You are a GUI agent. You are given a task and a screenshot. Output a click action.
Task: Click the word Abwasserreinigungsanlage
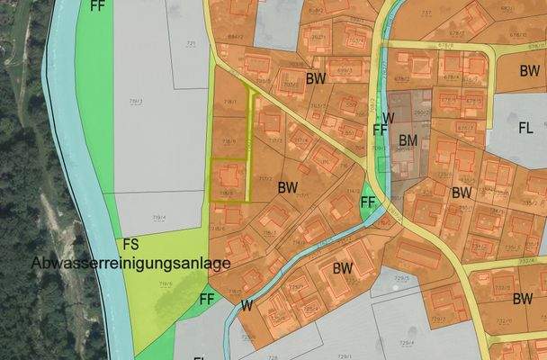click(x=131, y=263)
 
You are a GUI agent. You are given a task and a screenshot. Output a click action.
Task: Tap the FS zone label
click(x=130, y=244)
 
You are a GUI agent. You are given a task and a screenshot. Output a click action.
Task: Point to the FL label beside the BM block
click(x=526, y=128)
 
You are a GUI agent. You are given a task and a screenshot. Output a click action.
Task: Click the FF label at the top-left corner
click(x=98, y=5)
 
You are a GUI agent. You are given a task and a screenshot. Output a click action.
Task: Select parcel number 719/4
click(x=158, y=217)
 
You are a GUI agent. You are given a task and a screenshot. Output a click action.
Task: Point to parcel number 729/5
click(x=403, y=278)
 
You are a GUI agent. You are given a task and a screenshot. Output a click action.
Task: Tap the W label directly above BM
click(x=388, y=118)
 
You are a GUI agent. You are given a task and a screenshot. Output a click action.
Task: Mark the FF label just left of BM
click(x=380, y=130)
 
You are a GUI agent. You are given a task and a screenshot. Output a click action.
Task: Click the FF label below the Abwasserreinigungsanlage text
click(x=207, y=298)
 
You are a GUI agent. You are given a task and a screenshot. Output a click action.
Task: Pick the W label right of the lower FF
click(x=246, y=305)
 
